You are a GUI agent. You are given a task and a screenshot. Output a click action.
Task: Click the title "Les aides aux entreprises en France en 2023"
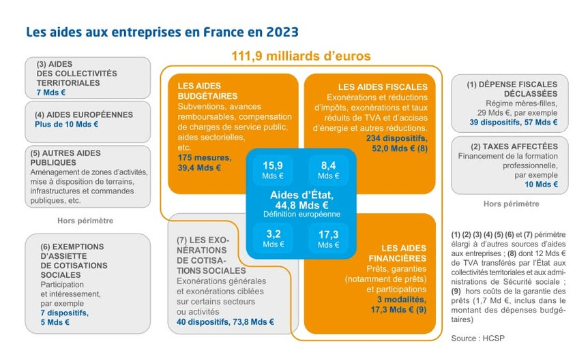click(162, 32)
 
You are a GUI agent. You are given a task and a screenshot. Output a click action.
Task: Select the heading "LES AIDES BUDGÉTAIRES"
click(204, 91)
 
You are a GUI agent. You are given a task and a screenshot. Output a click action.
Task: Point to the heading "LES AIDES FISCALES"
click(383, 86)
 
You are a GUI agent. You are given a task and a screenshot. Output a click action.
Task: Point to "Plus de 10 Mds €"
click(67, 125)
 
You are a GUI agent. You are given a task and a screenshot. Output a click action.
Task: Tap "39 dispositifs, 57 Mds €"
click(513, 123)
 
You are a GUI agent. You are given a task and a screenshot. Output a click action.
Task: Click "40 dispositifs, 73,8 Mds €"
click(225, 322)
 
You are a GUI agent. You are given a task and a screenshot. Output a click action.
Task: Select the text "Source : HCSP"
click(476, 338)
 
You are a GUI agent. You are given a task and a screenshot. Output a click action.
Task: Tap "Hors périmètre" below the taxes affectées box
click(511, 204)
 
